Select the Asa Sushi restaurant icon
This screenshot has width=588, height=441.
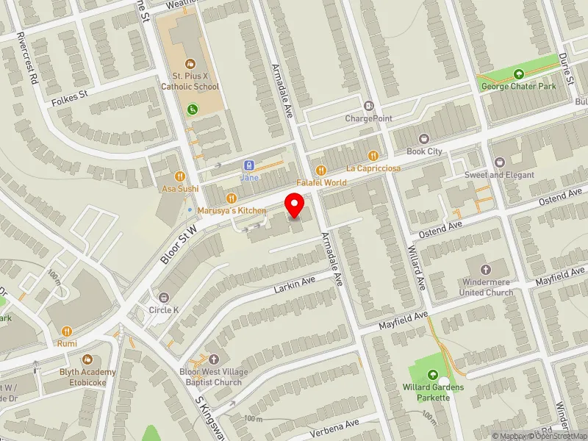click(x=180, y=176)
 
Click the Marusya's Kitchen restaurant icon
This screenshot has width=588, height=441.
click(x=232, y=198)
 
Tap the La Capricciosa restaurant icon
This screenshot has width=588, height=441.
click(x=373, y=155)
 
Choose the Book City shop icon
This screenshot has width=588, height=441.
click(x=423, y=138)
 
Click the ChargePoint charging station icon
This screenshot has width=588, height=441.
click(x=368, y=106)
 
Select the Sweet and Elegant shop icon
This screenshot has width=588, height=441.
click(x=499, y=162)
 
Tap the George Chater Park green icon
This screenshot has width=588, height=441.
click(x=519, y=73)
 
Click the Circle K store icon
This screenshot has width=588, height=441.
click(x=163, y=298)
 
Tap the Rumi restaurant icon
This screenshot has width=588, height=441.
click(x=67, y=331)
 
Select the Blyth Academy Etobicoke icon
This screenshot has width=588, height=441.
click(x=88, y=359)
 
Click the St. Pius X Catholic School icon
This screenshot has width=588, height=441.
click(x=191, y=64)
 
